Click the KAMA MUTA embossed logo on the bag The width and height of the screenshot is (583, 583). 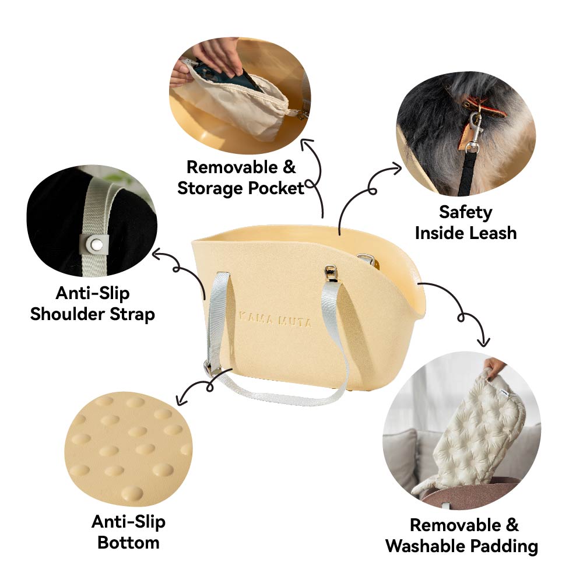(275, 319)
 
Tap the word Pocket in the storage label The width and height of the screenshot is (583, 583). (276, 188)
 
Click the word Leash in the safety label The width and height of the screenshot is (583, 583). (493, 233)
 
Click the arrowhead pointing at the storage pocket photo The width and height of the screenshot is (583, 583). (307, 143)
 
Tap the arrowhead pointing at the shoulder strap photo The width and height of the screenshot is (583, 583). (157, 254)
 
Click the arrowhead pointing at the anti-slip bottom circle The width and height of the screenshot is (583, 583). (181, 401)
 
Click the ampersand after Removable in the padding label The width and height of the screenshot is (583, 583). (512, 525)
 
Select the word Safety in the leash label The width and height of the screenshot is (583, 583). (465, 213)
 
